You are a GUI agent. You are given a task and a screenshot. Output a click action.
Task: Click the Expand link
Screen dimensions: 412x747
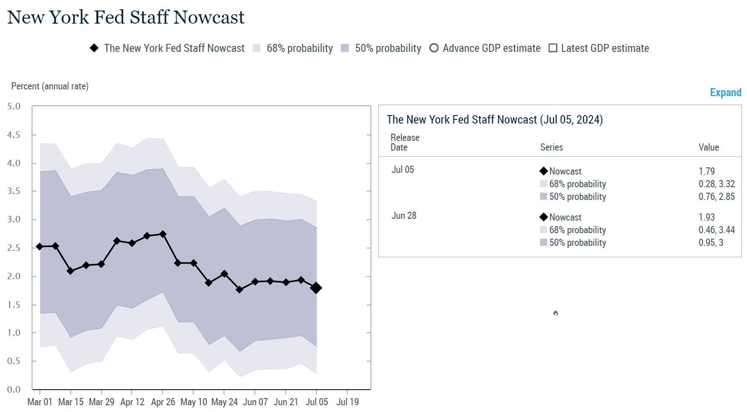pos(725,93)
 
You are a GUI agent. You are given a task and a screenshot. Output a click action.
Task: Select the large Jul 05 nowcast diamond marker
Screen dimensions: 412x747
pos(316,288)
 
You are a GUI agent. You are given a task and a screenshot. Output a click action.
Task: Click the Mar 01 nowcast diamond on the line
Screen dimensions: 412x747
pos(40,247)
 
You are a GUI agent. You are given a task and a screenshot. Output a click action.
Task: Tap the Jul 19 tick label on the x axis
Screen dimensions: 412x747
pos(348,402)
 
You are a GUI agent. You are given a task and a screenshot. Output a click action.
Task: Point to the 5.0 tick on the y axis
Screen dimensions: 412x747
pos(14,106)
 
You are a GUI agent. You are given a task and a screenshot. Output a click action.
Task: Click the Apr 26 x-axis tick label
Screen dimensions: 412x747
pos(163,402)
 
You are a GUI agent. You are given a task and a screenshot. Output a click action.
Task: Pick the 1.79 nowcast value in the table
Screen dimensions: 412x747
pos(707,171)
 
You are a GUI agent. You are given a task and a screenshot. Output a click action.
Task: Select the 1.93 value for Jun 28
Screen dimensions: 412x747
pos(707,217)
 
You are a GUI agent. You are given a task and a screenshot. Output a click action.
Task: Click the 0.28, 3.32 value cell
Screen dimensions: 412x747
pos(716,184)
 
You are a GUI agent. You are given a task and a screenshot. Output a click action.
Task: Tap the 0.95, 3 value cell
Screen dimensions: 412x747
pos(711,242)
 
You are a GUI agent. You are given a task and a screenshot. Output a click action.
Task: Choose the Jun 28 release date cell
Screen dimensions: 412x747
pos(404,215)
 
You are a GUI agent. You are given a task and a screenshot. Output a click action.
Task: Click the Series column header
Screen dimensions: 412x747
pos(551,147)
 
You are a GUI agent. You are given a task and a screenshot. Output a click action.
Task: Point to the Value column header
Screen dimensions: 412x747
pos(709,147)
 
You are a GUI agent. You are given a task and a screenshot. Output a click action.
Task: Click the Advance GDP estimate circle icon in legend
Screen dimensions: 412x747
pos(434,48)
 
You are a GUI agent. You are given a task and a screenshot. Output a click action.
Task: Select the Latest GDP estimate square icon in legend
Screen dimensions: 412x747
pos(553,48)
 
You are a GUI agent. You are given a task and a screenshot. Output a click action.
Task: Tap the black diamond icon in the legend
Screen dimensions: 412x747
pos(94,48)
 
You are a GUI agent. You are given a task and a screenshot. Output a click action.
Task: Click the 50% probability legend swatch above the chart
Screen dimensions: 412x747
pos(345,48)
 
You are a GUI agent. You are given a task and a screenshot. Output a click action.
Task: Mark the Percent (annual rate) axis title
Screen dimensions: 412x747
pos(50,86)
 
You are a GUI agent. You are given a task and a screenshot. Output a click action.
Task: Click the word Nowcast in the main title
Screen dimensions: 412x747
pos(209,17)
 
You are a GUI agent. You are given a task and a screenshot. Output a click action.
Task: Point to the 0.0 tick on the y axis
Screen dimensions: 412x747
pos(14,390)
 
